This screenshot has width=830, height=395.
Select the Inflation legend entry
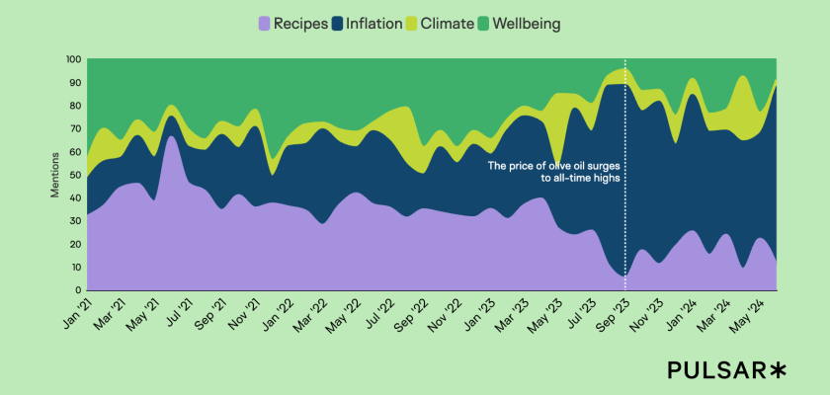click(x=368, y=23)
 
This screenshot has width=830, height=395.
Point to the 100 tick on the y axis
click(x=72, y=59)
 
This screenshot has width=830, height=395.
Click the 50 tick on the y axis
click(x=75, y=175)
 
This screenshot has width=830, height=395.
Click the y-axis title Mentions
click(x=55, y=175)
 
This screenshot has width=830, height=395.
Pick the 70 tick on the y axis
click(x=75, y=128)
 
